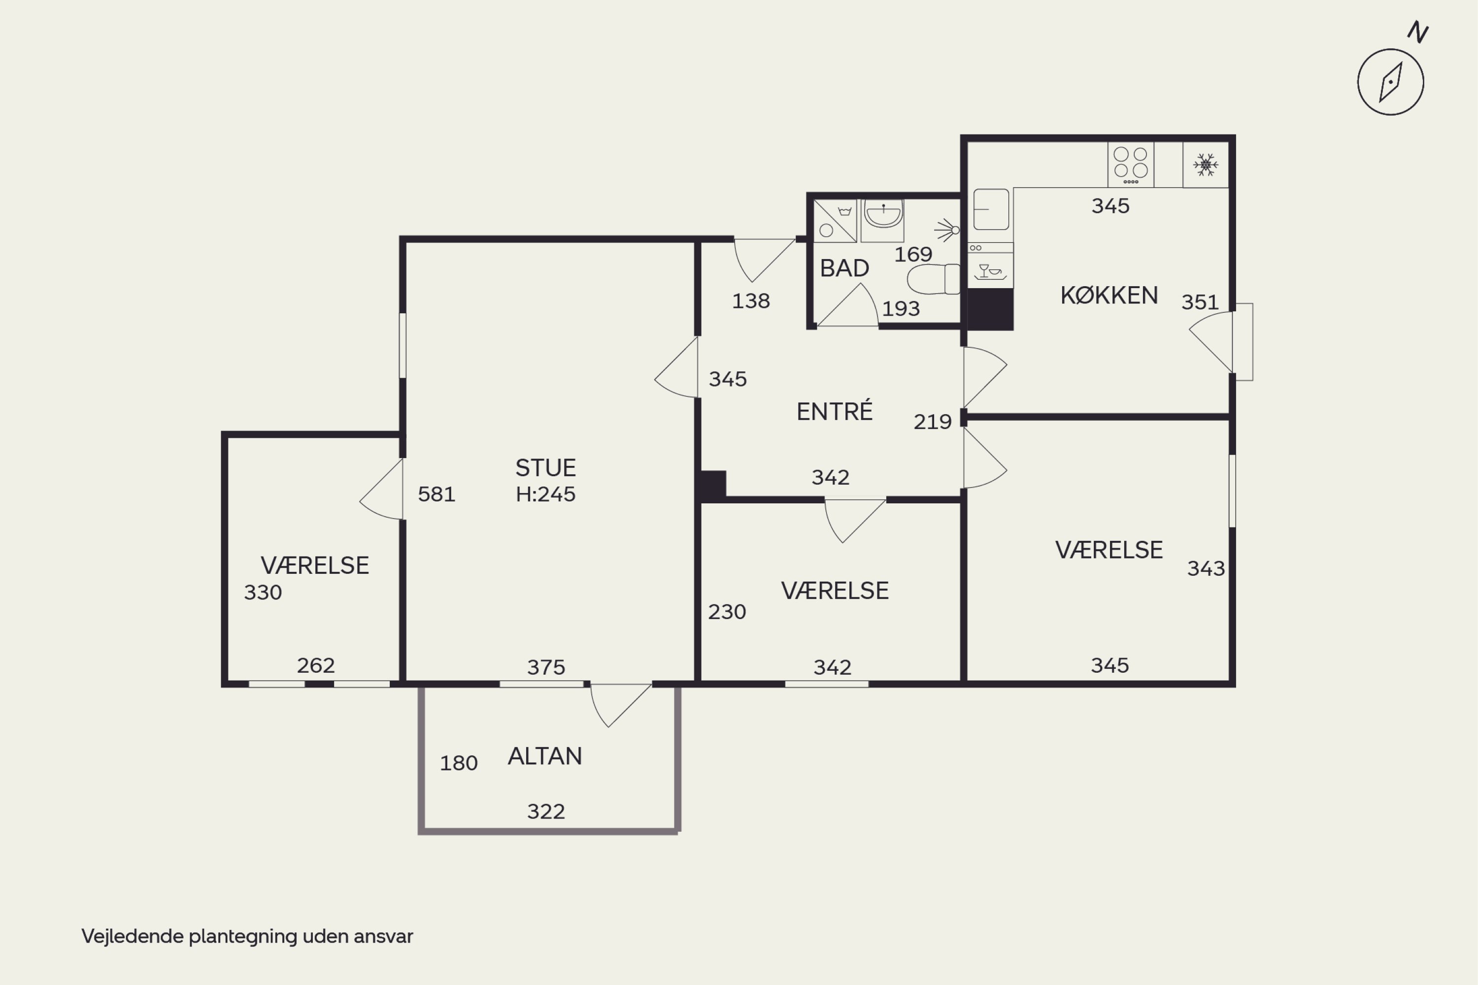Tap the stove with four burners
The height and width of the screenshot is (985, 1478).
pyautogui.click(x=1131, y=164)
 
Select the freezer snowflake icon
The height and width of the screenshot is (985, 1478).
pyautogui.click(x=1205, y=164)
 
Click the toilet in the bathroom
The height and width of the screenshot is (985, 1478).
pyautogui.click(x=934, y=279)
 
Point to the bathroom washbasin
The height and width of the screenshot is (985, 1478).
pyautogui.click(x=882, y=214)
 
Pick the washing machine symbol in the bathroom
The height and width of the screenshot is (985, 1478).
pyautogui.click(x=835, y=221)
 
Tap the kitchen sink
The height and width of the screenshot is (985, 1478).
pyautogui.click(x=991, y=209)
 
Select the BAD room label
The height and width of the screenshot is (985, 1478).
pyautogui.click(x=844, y=268)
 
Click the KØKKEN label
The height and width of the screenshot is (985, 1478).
pyautogui.click(x=1109, y=295)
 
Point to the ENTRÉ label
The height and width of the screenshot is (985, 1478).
pyautogui.click(x=835, y=411)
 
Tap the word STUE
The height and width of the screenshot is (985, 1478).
pyautogui.click(x=545, y=468)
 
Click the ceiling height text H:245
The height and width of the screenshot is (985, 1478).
pyautogui.click(x=545, y=494)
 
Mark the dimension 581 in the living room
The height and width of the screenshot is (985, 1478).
pyautogui.click(x=437, y=494)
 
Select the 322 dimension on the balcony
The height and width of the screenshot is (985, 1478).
pyautogui.click(x=546, y=812)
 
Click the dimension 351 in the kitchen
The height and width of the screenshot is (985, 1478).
pyautogui.click(x=1200, y=302)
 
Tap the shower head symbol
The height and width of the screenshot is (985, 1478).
pyautogui.click(x=947, y=230)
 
